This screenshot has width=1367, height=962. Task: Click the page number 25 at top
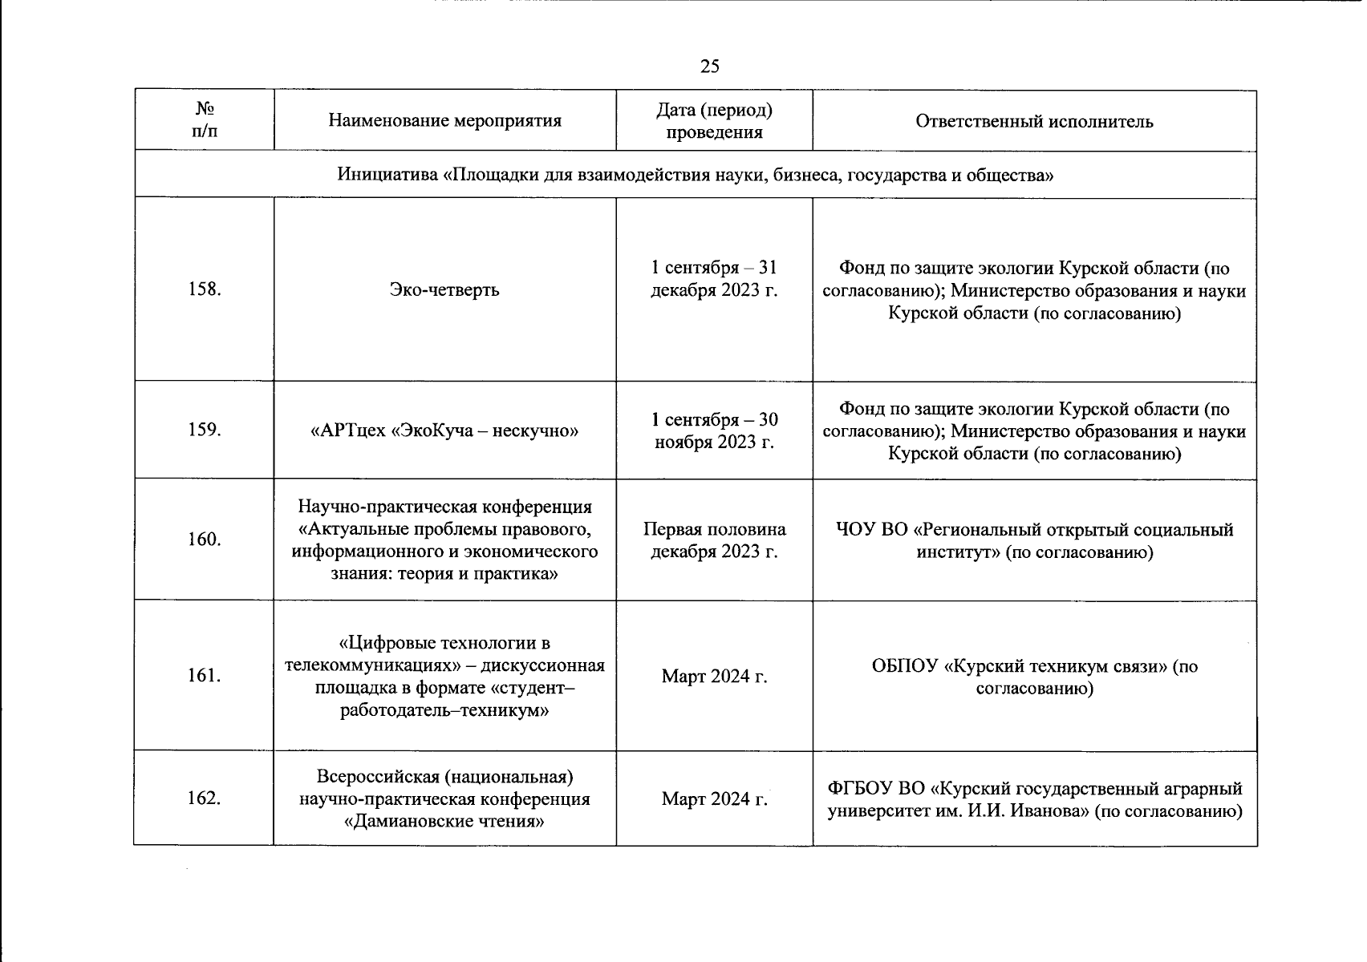click(709, 67)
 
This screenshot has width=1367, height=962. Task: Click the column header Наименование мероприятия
click(444, 121)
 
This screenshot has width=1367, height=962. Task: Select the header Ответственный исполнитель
click(1034, 121)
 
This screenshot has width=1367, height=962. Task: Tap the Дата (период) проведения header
click(714, 121)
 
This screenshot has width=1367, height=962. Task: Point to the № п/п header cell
click(204, 120)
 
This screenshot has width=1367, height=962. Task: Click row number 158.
click(204, 289)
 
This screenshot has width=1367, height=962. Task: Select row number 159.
click(204, 430)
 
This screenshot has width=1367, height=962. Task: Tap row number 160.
click(204, 540)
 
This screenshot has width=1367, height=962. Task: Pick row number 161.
click(204, 676)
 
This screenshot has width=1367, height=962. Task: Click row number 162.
click(204, 798)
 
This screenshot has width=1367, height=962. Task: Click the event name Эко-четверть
click(444, 289)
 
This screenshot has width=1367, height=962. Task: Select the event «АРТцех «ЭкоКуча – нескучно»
click(444, 431)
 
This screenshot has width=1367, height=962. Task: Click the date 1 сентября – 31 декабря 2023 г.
click(714, 278)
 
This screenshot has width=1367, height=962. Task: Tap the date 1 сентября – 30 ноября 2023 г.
click(714, 430)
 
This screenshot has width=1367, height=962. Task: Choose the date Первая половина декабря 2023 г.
click(714, 540)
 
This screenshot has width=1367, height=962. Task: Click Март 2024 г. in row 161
click(714, 677)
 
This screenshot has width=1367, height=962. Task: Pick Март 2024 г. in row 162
click(714, 799)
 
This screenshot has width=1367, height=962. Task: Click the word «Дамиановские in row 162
click(400, 822)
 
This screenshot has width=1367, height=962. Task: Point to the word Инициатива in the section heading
click(387, 175)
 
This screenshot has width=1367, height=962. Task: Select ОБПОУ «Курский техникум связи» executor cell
click(1034, 677)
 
